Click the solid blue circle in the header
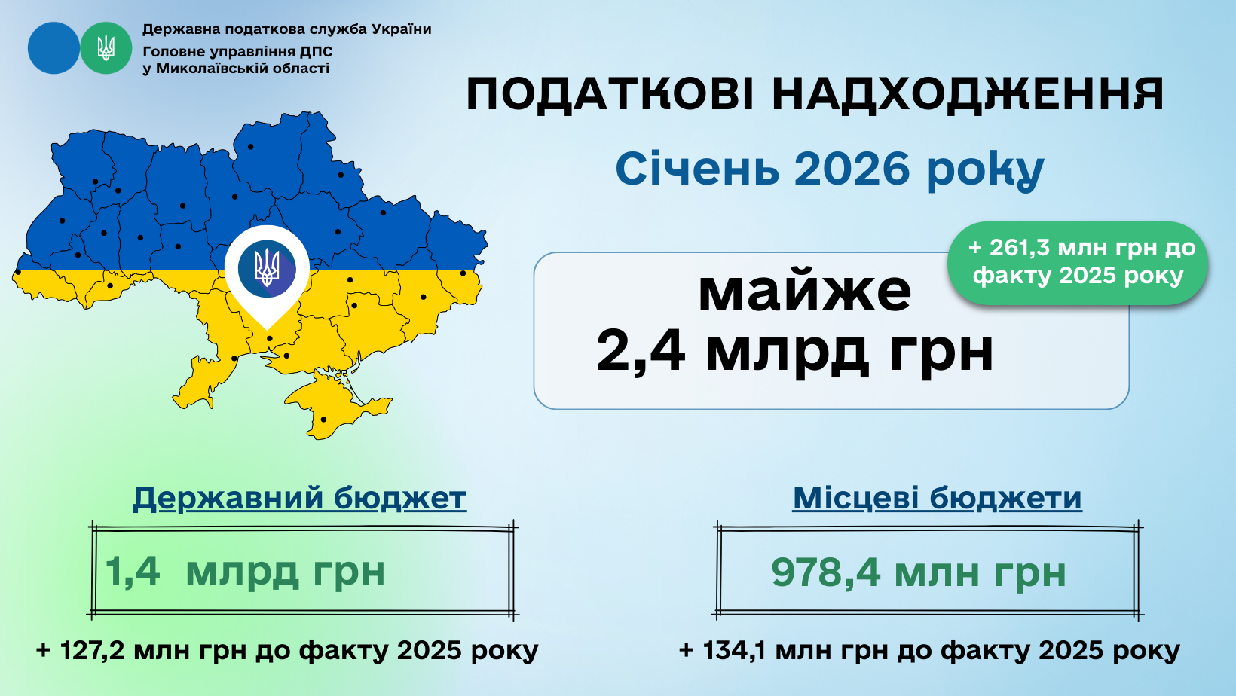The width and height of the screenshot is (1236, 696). point(54,48)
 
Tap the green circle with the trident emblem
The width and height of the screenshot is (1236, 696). point(106,48)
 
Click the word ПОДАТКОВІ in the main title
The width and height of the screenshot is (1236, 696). point(610,96)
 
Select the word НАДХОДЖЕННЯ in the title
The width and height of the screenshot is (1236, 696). point(968,96)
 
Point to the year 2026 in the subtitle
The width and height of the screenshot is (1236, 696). point(852,169)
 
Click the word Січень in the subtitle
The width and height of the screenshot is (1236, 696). point(697,169)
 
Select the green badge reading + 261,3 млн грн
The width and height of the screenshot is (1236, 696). point(1078,263)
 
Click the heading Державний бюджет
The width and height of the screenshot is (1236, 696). point(299,498)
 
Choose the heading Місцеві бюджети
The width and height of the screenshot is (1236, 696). point(937,498)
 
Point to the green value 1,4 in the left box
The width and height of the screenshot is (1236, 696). point(133,572)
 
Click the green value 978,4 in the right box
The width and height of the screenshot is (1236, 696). point(826,572)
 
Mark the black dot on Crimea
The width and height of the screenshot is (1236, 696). point(323,420)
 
